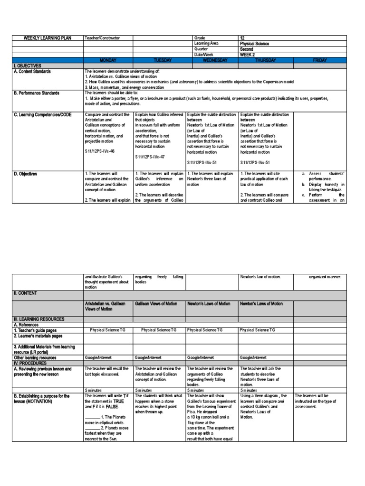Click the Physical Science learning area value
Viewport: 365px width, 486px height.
pos(255,44)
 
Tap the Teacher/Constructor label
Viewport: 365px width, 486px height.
pos(102,38)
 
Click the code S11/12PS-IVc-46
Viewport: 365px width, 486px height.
pos(101,151)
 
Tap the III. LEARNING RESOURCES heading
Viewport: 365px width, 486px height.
pos(39,319)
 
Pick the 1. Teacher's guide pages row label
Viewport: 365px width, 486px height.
pos(38,329)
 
